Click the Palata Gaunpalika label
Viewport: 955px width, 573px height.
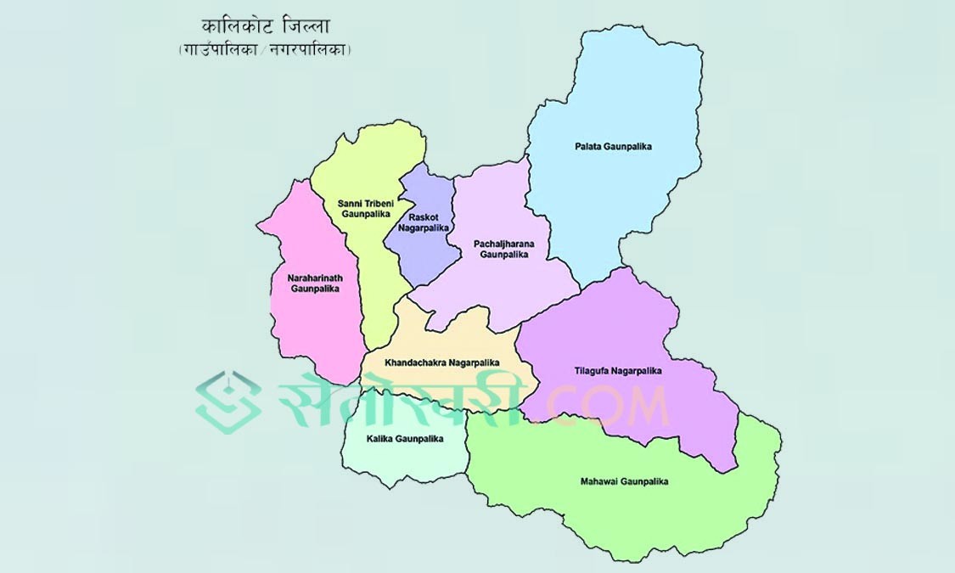613,147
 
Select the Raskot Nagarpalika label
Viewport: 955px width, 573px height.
422,222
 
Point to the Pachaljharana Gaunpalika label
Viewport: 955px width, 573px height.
504,249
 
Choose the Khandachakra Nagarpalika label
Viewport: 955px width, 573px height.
441,362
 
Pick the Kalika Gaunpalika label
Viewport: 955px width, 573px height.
405,439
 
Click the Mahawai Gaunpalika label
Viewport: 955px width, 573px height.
624,481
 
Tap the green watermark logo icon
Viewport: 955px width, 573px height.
228,402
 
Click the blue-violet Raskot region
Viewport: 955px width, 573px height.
424,255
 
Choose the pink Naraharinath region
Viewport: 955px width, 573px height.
310,331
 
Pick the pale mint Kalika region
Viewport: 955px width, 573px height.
399,463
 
